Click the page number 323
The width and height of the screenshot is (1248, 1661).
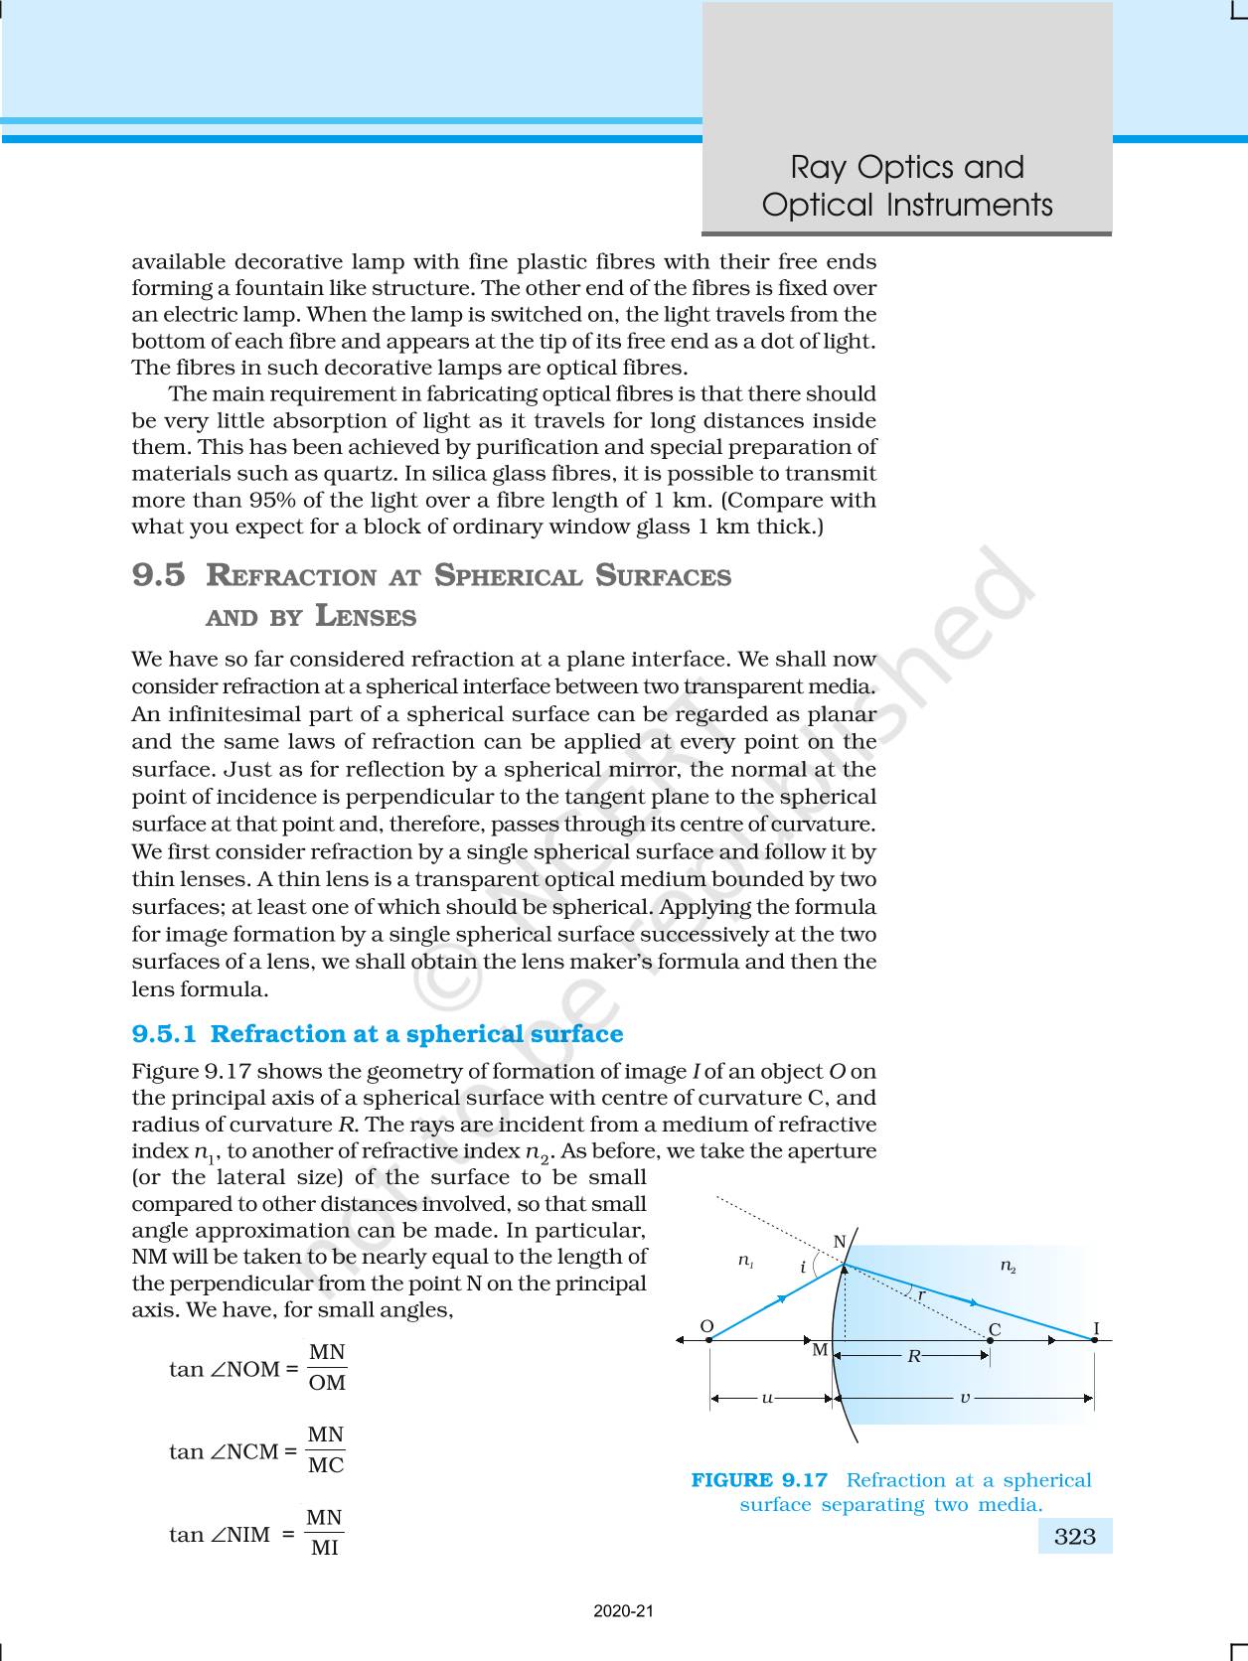(1074, 1537)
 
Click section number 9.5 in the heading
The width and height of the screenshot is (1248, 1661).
(158, 575)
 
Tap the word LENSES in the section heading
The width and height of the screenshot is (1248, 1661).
(365, 617)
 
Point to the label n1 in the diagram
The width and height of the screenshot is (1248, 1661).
(745, 1261)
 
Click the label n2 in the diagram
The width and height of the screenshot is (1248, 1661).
(1008, 1266)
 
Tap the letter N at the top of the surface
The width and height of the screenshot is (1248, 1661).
(839, 1242)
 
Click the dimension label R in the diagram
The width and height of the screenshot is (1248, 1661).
(913, 1355)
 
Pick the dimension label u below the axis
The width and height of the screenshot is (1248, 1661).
(767, 1398)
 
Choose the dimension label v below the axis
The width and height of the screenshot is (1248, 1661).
(964, 1398)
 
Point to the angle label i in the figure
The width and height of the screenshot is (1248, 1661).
(803, 1268)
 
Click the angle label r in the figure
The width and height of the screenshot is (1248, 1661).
(921, 1295)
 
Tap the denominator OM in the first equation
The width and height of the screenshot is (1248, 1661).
(327, 1383)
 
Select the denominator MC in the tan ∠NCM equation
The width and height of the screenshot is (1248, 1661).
(326, 1465)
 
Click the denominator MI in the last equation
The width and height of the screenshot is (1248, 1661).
(325, 1548)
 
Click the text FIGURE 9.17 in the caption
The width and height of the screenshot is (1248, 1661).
(759, 1480)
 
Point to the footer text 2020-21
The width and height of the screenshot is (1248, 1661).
(624, 1611)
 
